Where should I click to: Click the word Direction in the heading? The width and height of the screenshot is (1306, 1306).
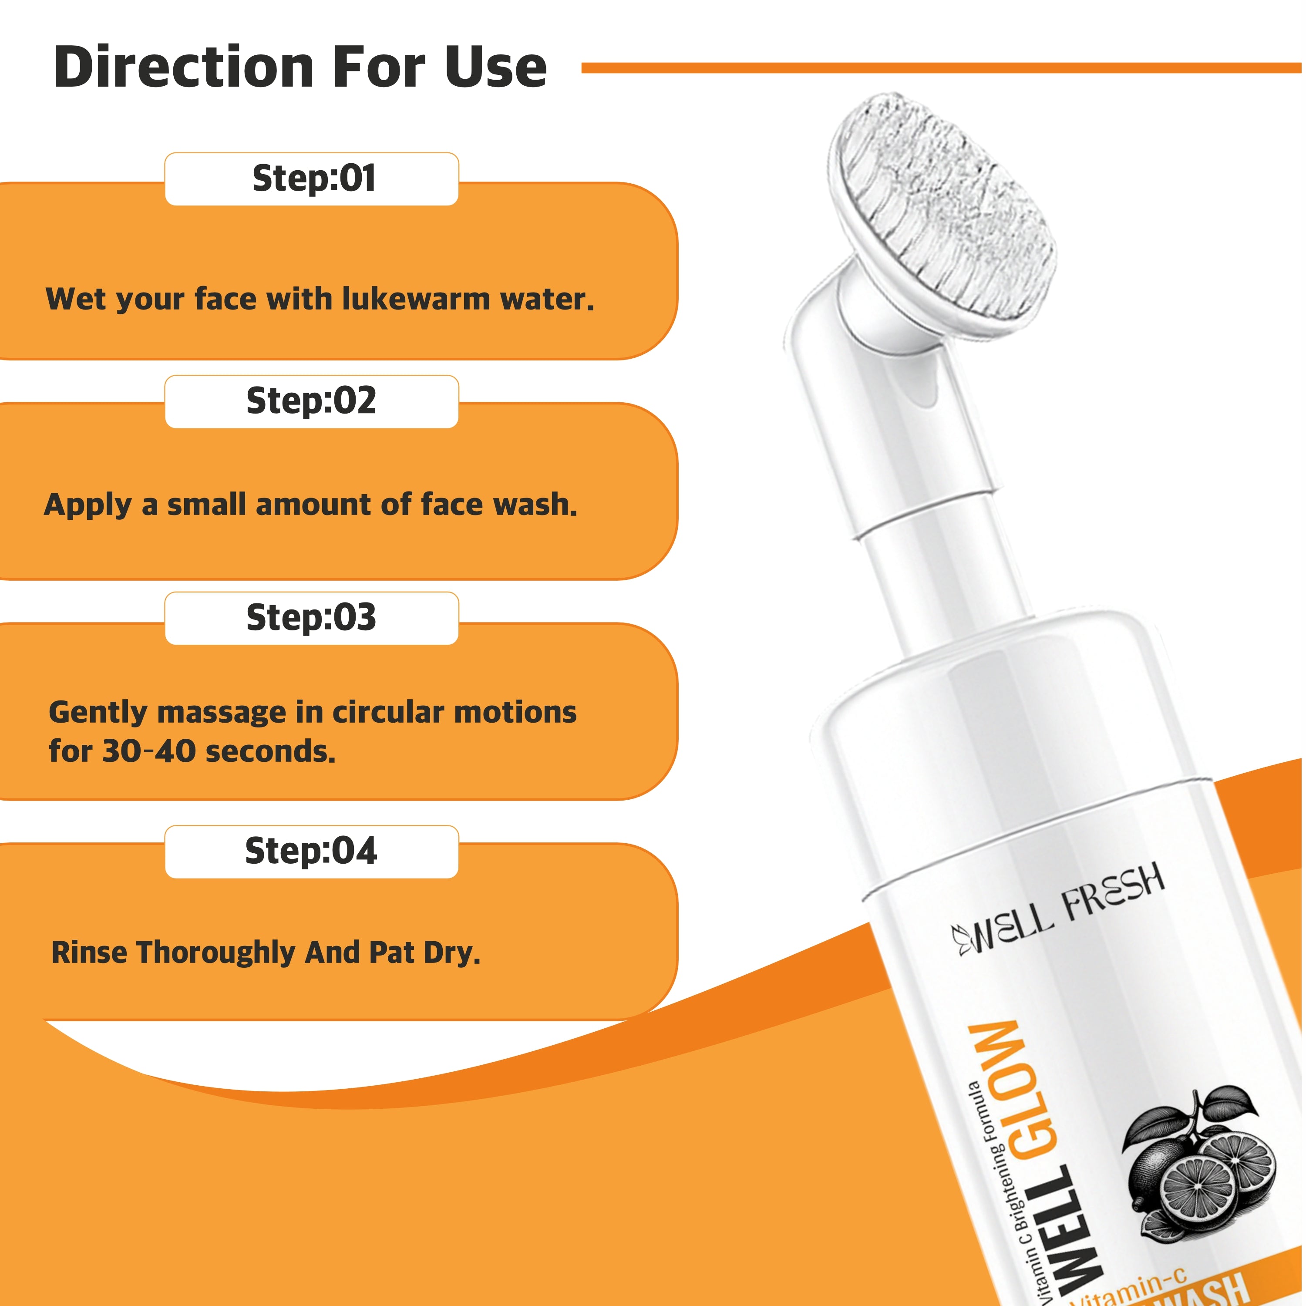pos(182,67)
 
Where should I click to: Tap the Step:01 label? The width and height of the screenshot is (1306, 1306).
pos(313,179)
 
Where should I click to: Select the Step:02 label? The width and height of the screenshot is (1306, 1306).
pos(311,401)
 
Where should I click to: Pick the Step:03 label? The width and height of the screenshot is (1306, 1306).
pos(311,618)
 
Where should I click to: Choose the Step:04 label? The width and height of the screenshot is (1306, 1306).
pos(311,851)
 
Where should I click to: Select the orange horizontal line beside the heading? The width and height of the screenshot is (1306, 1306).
pos(939,67)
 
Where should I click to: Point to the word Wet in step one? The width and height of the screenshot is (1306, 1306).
pos(74,300)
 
